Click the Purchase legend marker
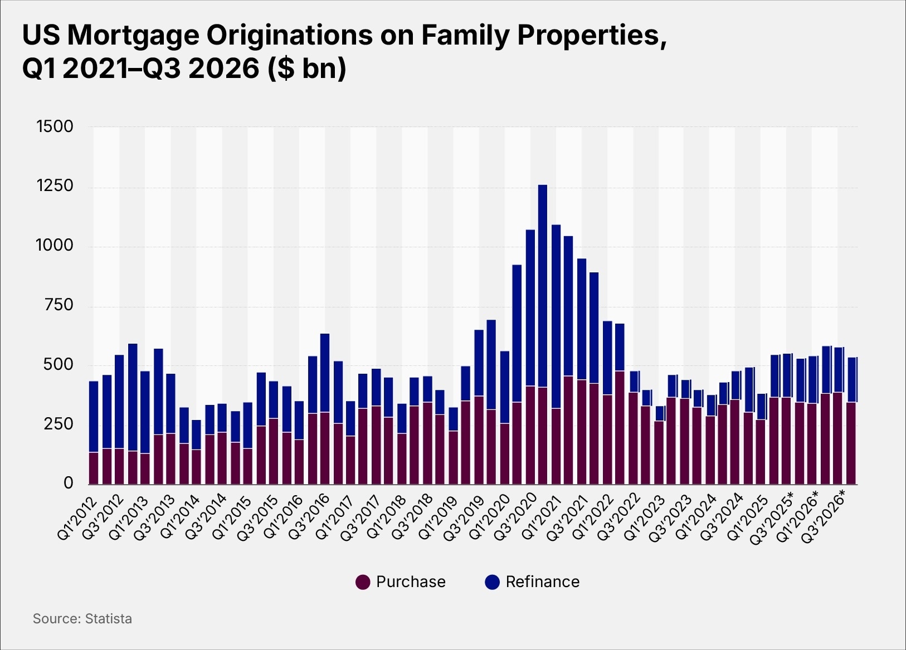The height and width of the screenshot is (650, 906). coord(363,582)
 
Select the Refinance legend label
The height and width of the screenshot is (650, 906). coord(542,581)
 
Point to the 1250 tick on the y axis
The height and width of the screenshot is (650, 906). coord(55,186)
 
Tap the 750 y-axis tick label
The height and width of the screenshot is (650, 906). coord(55,305)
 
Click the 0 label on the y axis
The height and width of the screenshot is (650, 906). coord(68,483)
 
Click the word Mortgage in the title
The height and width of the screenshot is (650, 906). coord(133,35)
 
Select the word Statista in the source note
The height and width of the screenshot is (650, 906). coord(108,619)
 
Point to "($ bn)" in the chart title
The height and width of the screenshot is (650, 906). coord(306,69)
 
